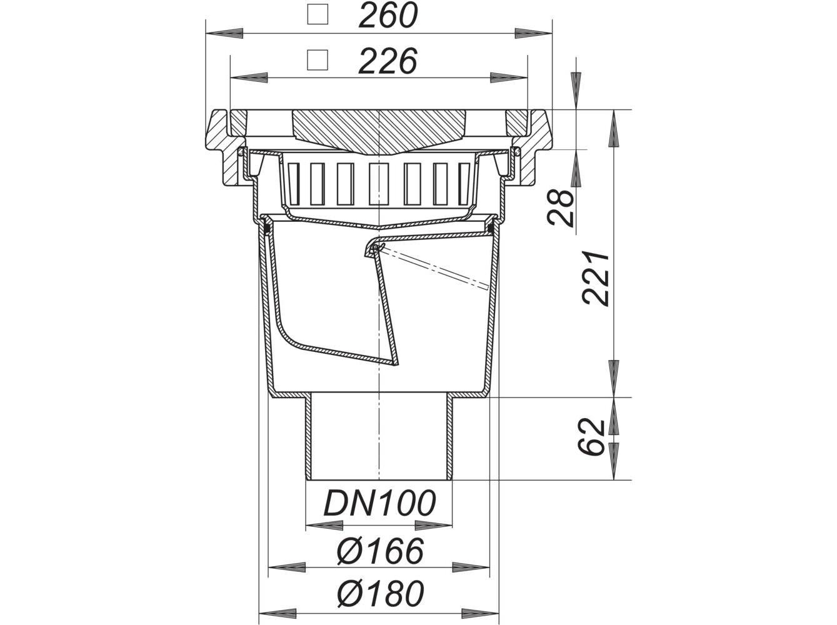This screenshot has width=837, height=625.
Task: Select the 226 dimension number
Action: click(388, 61)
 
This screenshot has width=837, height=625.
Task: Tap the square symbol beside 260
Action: click(318, 14)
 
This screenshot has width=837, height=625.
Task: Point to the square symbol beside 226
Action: click(318, 60)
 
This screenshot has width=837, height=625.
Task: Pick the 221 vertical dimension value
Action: click(595, 278)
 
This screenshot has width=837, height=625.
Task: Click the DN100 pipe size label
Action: click(379, 502)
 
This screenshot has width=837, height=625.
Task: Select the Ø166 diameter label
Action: click(380, 551)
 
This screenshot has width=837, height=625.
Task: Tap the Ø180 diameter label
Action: click(380, 594)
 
